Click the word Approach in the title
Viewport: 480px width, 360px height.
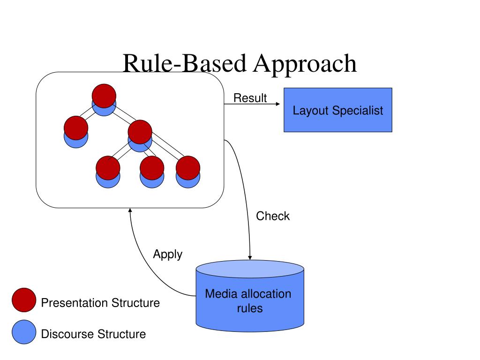[x=305, y=64]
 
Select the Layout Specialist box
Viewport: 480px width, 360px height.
[x=337, y=110]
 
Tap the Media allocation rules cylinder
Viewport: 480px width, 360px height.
[x=250, y=296]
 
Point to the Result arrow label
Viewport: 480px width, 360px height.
[x=250, y=98]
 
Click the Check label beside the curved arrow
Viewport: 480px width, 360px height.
[x=273, y=216]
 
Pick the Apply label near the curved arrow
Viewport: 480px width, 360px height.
[x=168, y=255]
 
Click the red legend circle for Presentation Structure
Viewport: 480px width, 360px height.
[x=24, y=300]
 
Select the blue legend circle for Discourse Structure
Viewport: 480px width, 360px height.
[x=24, y=332]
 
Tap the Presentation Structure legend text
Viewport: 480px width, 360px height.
[x=100, y=303]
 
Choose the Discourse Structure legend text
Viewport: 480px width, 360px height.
[x=93, y=334]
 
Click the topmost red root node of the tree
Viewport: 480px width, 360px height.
[x=104, y=96]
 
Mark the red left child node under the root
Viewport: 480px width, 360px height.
[x=76, y=128]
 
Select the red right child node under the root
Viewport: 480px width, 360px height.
[x=140, y=132]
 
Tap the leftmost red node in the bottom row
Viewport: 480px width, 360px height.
[x=108, y=168]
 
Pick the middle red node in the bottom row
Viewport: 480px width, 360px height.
[x=152, y=168]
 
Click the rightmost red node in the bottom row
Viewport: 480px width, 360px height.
[x=188, y=168]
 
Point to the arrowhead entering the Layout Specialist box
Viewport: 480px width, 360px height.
[x=278, y=104]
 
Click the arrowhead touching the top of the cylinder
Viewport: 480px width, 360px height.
[x=250, y=258]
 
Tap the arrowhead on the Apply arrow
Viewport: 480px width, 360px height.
[x=130, y=210]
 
